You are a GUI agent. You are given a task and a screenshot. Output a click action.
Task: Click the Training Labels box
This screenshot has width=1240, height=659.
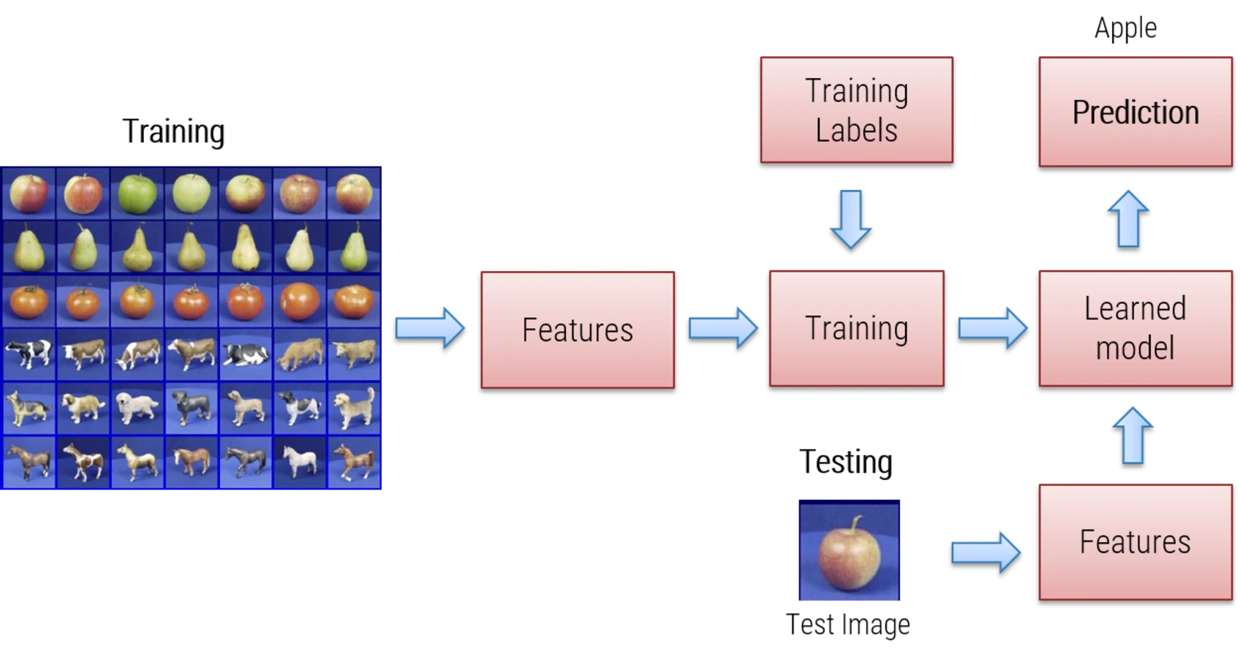(x=856, y=109)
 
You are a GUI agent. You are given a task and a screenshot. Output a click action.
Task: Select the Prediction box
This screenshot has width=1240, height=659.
(x=1135, y=111)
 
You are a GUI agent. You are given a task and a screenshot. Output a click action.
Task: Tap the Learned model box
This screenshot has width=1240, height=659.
(x=1135, y=328)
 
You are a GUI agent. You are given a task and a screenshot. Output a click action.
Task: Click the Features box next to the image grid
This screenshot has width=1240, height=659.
(x=578, y=329)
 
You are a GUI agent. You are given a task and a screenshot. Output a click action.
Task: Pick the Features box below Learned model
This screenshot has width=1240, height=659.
(x=1135, y=541)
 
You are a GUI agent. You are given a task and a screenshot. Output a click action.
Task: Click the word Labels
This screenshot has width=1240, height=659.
(x=856, y=131)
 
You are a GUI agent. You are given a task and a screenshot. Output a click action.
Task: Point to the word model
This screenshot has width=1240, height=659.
(x=1135, y=348)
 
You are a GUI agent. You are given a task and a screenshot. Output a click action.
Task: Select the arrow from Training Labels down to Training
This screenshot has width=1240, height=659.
(x=850, y=218)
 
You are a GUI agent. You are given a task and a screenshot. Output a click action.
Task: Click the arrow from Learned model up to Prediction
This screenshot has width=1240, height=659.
(x=1128, y=218)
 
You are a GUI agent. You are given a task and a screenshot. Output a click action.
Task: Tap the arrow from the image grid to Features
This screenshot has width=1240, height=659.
(x=430, y=327)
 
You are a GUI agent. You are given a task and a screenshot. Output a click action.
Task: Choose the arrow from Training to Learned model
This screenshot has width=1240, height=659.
(x=992, y=327)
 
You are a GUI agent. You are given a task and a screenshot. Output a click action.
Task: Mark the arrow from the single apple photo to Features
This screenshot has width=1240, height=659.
(x=985, y=551)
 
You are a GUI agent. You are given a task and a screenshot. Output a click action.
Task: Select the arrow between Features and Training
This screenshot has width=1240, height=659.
(x=722, y=327)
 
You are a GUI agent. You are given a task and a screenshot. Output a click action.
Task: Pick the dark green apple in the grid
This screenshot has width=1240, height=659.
(x=137, y=194)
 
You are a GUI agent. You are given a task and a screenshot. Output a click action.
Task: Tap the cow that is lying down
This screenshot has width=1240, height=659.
(x=245, y=355)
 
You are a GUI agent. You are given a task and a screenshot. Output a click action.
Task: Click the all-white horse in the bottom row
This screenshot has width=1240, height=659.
(x=300, y=462)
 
